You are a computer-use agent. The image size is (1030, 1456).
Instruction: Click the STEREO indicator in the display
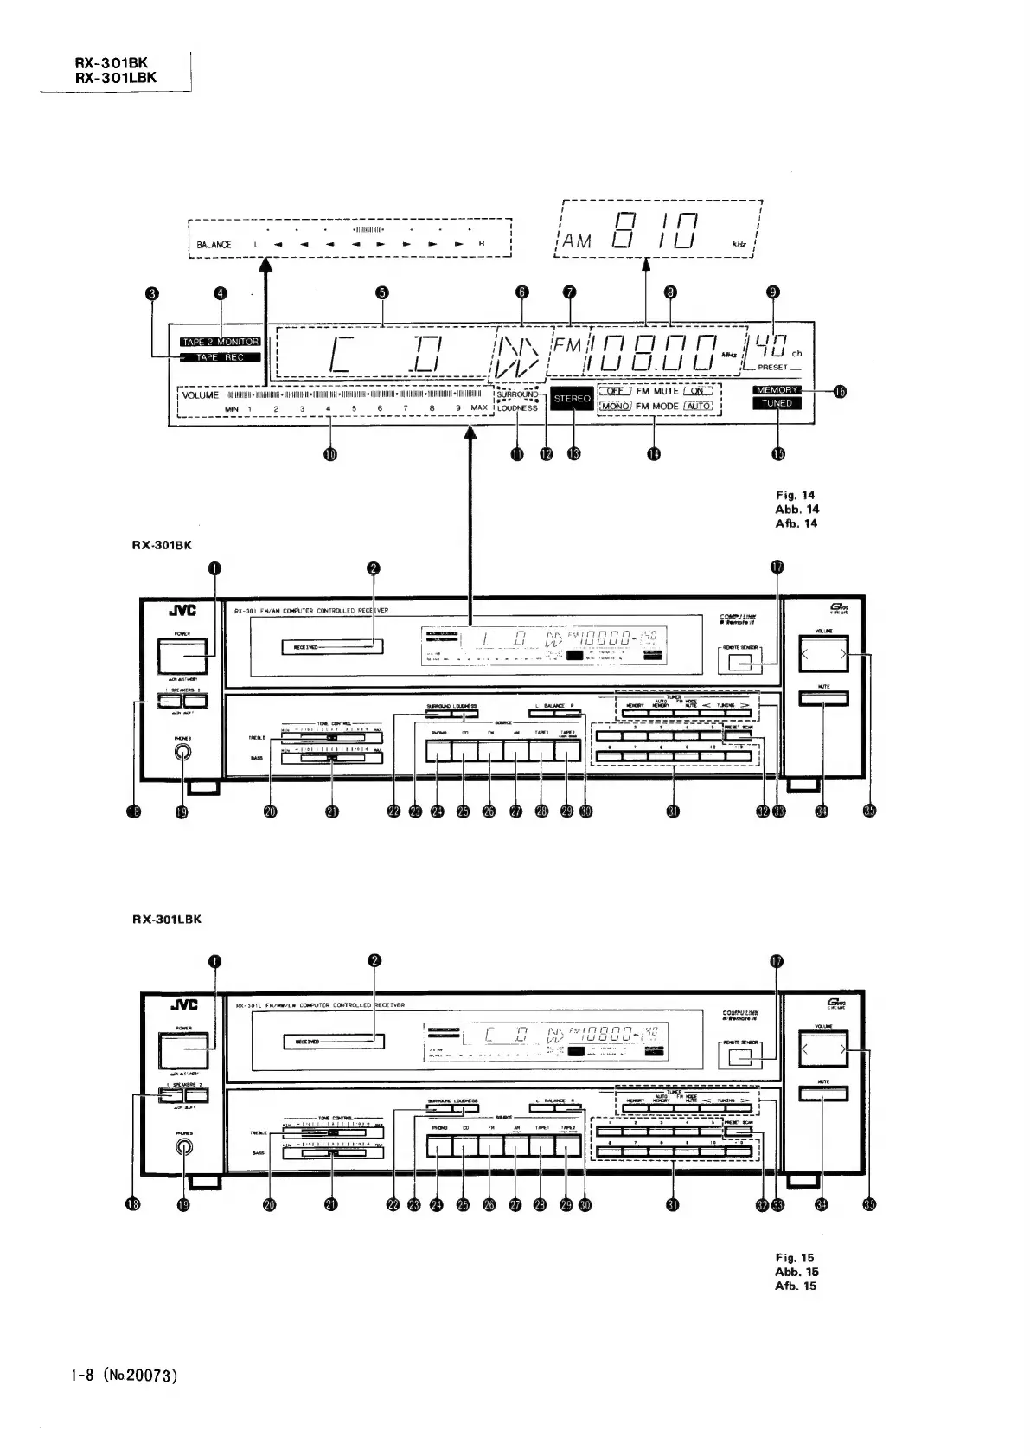572,399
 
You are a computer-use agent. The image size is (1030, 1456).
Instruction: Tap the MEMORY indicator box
776,390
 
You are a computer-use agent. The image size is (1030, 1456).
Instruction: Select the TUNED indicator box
776,403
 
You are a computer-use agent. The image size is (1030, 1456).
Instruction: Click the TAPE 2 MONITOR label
220,342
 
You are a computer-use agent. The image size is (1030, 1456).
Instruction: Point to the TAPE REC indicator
220,357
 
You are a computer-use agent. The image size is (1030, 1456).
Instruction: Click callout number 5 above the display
383,292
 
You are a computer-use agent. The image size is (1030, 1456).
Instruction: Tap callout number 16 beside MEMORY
838,391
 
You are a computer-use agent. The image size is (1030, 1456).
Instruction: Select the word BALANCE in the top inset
214,245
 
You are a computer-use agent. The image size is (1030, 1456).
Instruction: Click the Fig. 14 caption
796,496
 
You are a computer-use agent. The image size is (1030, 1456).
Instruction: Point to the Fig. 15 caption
795,1258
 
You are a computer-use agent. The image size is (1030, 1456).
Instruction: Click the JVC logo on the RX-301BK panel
182,610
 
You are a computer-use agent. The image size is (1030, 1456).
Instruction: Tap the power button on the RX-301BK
182,657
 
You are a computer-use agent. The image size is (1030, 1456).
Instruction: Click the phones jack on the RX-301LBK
183,1147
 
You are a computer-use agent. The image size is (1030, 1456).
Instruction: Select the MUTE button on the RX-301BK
822,699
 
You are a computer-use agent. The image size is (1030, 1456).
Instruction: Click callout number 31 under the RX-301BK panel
672,811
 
